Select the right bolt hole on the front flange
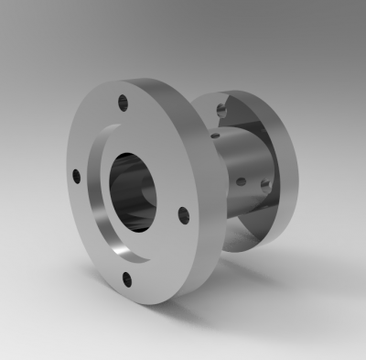(x=183, y=216)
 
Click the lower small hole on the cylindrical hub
(x=240, y=182)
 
